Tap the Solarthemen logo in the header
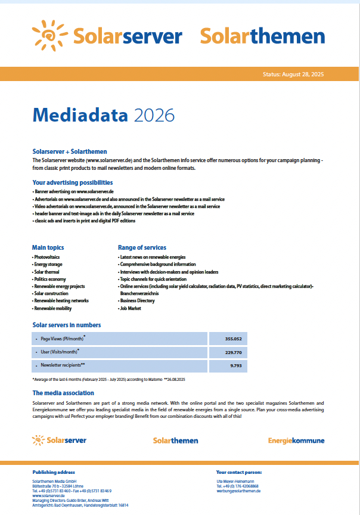[262, 36]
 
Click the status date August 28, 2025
[293, 75]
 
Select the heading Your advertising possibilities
[72, 182]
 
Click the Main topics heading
[48, 247]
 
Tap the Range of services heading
[142, 247]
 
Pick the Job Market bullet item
[131, 309]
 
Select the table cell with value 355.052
[232, 339]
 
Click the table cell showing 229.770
[232, 352]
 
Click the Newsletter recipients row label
[63, 365]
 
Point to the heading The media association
[63, 393]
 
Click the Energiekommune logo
[296, 440]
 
